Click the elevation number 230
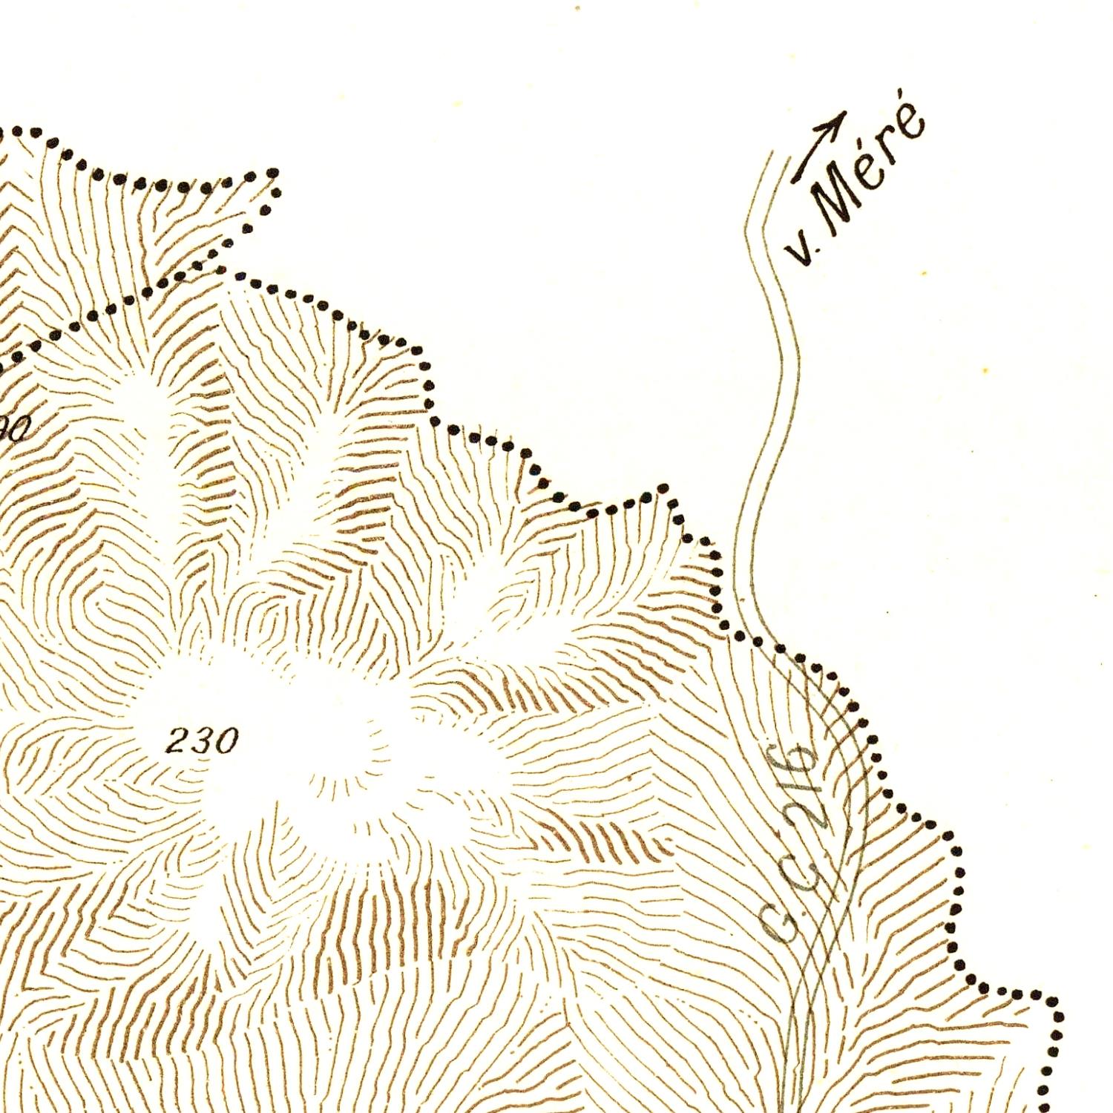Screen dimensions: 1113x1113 (202, 741)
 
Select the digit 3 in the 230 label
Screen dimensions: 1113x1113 (202, 741)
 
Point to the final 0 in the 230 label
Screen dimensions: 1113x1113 (226, 741)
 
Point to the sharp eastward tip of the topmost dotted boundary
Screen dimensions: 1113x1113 (275, 174)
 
